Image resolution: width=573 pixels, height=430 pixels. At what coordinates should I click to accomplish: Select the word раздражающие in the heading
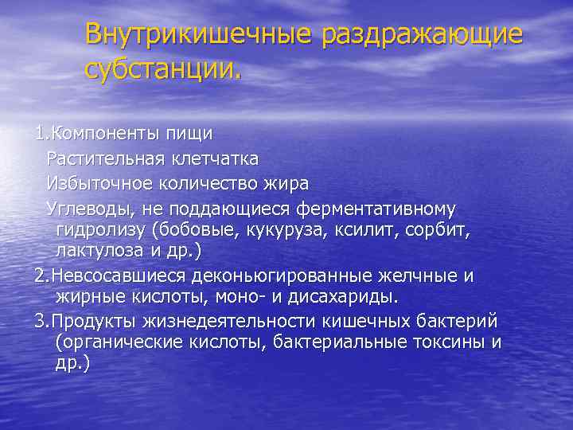(x=423, y=36)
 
